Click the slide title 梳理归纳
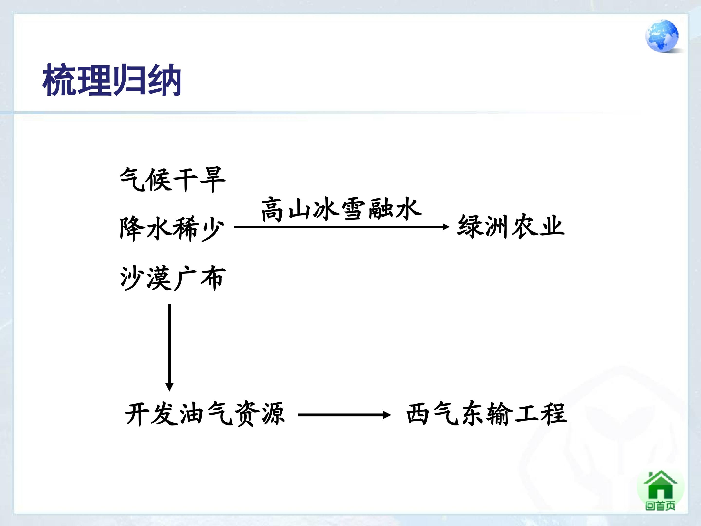coord(111,80)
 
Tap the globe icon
coord(662,36)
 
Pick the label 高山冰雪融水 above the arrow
coord(341,209)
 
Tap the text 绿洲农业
coord(511,226)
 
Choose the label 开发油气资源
coord(205,414)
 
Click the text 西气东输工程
coord(486,413)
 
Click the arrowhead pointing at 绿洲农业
coord(446,227)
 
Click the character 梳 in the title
coord(59,80)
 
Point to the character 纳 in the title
coord(164,80)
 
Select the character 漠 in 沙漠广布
coord(159,278)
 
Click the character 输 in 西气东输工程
coord(500,413)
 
